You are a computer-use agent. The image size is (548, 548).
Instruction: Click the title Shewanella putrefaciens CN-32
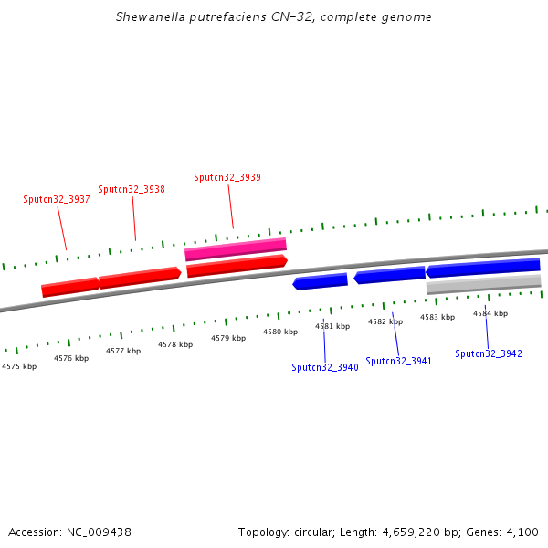point(274,17)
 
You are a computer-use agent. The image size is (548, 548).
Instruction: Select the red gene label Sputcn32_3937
point(57,199)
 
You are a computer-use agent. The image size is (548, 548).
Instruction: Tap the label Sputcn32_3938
point(132,189)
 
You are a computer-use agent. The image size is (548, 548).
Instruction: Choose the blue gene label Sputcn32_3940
point(325,367)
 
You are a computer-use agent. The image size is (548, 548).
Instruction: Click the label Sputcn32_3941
point(399,361)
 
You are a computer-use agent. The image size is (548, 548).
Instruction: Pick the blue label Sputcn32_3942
point(489,353)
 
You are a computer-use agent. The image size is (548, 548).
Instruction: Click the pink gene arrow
point(236,248)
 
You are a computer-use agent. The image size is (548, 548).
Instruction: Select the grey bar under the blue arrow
point(483,284)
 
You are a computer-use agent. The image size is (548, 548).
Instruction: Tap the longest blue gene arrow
point(483,268)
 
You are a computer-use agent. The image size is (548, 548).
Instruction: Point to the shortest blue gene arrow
point(320,281)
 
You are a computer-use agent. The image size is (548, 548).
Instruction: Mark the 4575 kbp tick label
point(19,366)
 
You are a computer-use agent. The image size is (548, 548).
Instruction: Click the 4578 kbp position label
point(175,344)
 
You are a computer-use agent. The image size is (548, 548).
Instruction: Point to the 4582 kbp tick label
point(385,321)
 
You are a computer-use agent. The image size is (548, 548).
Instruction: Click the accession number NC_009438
point(99,532)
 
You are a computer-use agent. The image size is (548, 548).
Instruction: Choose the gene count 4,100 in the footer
point(524,532)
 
